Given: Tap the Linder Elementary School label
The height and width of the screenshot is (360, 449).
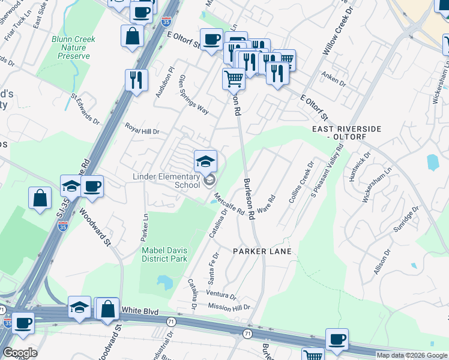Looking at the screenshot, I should click(x=166, y=181).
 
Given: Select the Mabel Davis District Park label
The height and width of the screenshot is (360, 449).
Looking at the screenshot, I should click(x=164, y=254).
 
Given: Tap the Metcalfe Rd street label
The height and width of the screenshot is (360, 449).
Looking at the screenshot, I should click(x=229, y=203).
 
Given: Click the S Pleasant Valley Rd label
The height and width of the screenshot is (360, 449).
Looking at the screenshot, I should click(x=327, y=172).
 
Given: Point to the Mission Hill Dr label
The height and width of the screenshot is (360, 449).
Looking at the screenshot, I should click(x=228, y=307).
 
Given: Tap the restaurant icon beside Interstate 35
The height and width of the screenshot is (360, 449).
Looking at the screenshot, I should click(x=137, y=80).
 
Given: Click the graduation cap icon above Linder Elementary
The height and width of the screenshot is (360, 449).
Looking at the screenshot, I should click(x=205, y=161).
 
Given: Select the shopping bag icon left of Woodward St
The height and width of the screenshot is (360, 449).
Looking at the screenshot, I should click(x=40, y=199).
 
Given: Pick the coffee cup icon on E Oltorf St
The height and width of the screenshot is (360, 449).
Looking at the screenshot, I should click(x=211, y=40).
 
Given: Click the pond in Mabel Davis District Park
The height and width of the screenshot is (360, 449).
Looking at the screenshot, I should click(x=161, y=281).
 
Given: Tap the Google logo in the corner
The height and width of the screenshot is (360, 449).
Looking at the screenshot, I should click(x=20, y=353).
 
